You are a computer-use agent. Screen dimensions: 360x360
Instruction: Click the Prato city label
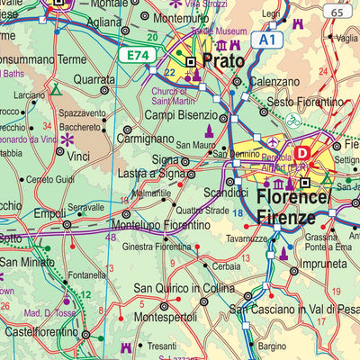(223, 61)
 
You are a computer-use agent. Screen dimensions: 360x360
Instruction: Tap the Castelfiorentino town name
(38, 333)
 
